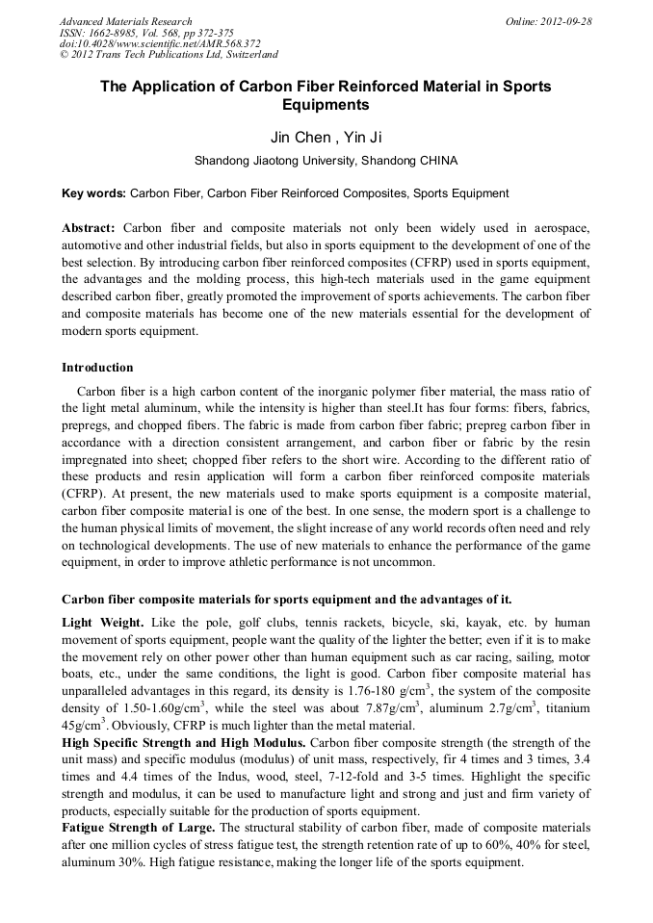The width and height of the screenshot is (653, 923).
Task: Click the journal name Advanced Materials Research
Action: pos(125,21)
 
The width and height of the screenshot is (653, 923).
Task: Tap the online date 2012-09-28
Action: pos(565,21)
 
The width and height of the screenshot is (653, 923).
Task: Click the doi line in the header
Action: pos(160,44)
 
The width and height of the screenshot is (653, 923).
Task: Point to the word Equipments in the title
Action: pos(326,105)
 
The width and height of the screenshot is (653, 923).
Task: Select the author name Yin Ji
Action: pos(363,138)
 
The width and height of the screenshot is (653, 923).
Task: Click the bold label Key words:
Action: pos(93,193)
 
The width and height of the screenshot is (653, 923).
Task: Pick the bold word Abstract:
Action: pos(89,228)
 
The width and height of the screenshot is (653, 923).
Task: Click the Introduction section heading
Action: pos(97,368)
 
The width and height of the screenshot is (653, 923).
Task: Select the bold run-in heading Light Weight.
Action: pos(99,624)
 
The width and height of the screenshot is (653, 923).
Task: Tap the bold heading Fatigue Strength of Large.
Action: pos(139,828)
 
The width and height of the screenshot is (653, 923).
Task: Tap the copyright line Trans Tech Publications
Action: pos(171,56)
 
